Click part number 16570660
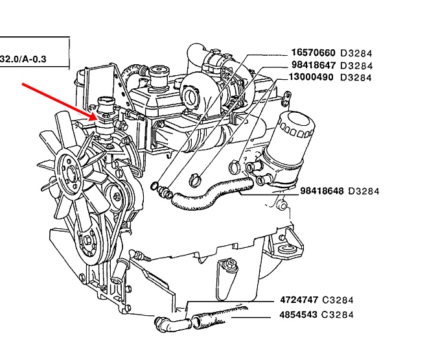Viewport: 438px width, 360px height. click(313, 53)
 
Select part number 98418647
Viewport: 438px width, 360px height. click(313, 66)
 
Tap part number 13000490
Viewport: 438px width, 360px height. click(313, 77)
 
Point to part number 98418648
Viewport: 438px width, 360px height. click(322, 191)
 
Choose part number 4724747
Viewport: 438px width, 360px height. click(299, 300)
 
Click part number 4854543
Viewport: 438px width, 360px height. click(299, 315)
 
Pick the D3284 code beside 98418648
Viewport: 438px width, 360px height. click(363, 191)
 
